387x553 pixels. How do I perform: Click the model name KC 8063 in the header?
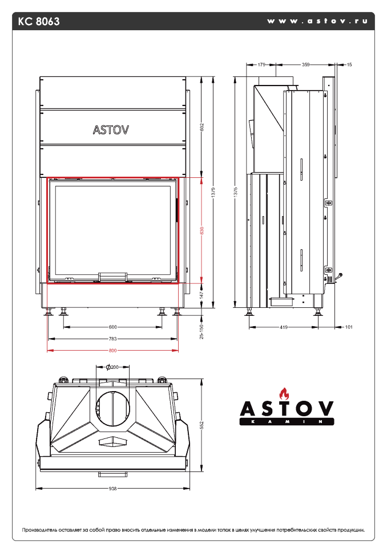pyautogui.click(x=39, y=22)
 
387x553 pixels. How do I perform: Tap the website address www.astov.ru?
pyautogui.click(x=316, y=21)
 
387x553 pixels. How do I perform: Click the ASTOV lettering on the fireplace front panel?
pyautogui.click(x=111, y=129)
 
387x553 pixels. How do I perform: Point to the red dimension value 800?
pyautogui.click(x=112, y=350)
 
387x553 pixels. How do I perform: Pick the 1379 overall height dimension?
pyautogui.click(x=213, y=193)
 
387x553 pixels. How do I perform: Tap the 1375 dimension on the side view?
pyautogui.click(x=236, y=193)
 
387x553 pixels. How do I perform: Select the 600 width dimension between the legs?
pyautogui.click(x=112, y=327)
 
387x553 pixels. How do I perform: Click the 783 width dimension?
pyautogui.click(x=112, y=339)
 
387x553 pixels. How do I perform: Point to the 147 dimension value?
pyautogui.click(x=202, y=296)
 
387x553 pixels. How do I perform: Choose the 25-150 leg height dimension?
pyautogui.click(x=202, y=330)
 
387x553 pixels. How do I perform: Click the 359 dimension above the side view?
pyautogui.click(x=305, y=66)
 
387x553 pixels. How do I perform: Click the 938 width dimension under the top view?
pyautogui.click(x=112, y=489)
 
